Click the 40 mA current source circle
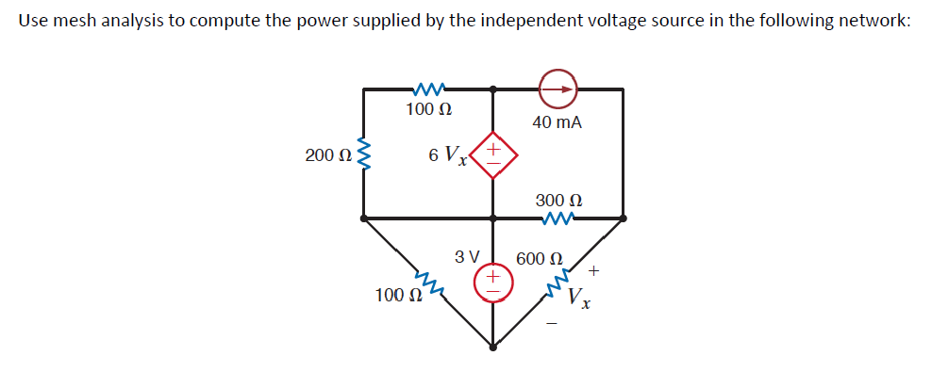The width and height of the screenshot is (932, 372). [558, 89]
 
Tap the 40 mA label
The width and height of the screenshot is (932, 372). [557, 123]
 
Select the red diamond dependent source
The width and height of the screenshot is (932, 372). [491, 154]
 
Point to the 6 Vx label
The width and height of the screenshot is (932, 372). [447, 155]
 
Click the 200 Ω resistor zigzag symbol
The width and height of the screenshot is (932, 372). [365, 155]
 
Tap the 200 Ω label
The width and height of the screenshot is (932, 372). [327, 155]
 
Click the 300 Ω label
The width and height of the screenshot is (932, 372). [558, 201]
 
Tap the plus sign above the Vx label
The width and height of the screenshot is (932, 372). [592, 271]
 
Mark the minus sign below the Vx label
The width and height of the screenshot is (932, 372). [553, 325]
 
